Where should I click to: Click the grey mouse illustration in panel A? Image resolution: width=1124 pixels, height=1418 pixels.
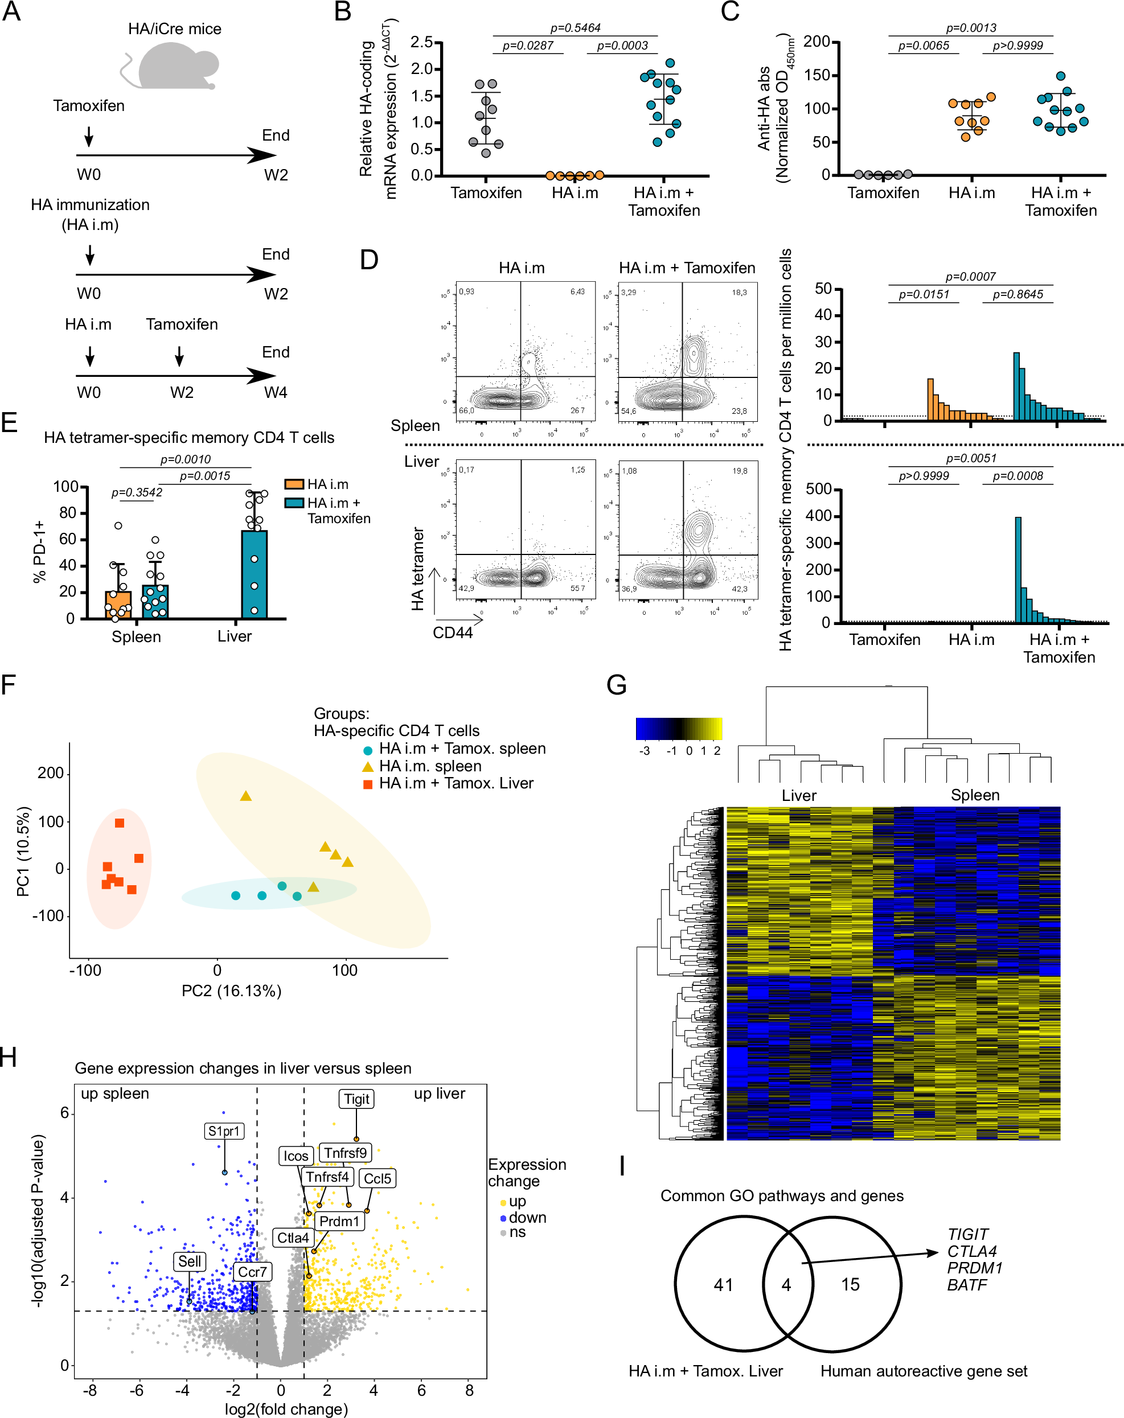174,66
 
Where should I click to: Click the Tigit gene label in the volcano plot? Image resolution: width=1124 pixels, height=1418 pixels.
356,1099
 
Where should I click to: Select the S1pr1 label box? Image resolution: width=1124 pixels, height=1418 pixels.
224,1131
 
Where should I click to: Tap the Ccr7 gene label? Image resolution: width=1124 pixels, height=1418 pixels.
252,1272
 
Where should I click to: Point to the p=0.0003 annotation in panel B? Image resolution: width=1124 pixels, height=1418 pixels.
622,46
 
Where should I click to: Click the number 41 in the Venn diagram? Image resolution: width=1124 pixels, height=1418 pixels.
723,1284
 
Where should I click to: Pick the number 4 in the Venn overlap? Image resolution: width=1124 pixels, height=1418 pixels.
786,1284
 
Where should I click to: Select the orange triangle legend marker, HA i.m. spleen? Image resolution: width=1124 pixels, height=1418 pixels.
368,767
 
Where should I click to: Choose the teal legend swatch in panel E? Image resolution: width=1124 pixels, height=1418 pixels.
294,503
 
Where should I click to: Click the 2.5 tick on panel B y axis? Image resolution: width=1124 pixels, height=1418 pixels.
421,42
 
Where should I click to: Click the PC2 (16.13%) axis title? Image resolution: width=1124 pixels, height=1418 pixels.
232,990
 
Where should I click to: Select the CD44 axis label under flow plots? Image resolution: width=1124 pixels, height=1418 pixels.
453,632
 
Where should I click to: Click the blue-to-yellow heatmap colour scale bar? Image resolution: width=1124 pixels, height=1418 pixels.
679,729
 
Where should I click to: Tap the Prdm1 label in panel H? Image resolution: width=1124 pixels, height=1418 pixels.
339,1222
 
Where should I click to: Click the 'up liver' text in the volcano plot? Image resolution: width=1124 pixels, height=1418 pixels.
440,1094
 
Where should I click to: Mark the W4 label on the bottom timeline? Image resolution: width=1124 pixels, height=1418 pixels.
276,393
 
